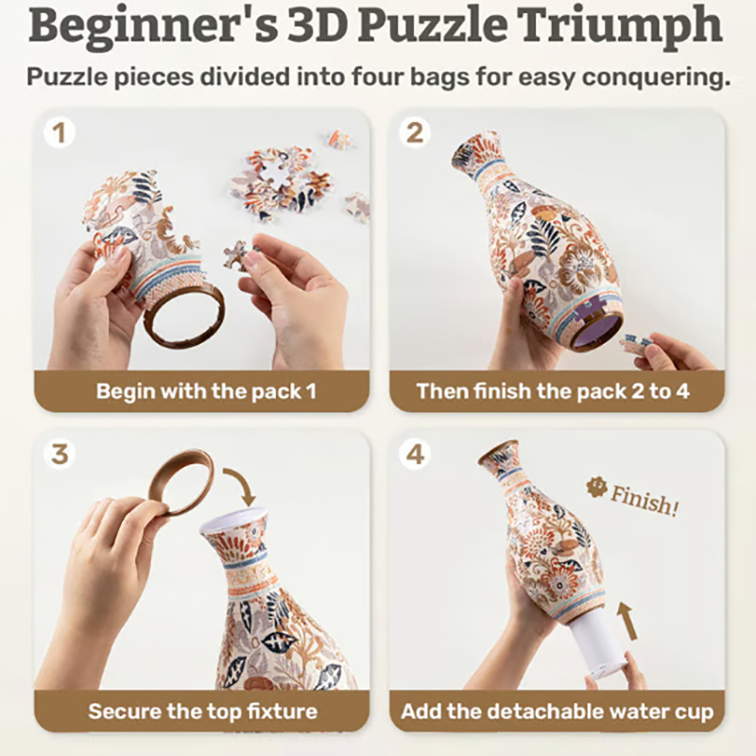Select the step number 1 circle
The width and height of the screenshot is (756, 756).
(x=60, y=133)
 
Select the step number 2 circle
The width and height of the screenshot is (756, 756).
(x=415, y=133)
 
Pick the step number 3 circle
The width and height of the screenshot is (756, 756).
(x=60, y=455)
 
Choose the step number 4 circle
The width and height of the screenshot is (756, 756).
(x=415, y=455)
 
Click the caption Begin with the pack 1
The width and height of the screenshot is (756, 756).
(x=206, y=391)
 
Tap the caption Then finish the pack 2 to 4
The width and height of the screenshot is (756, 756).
(x=553, y=391)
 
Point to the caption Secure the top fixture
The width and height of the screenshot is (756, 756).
(x=202, y=712)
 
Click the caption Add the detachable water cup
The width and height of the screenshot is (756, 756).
(x=557, y=712)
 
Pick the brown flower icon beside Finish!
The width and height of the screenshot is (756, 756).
(x=596, y=488)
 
